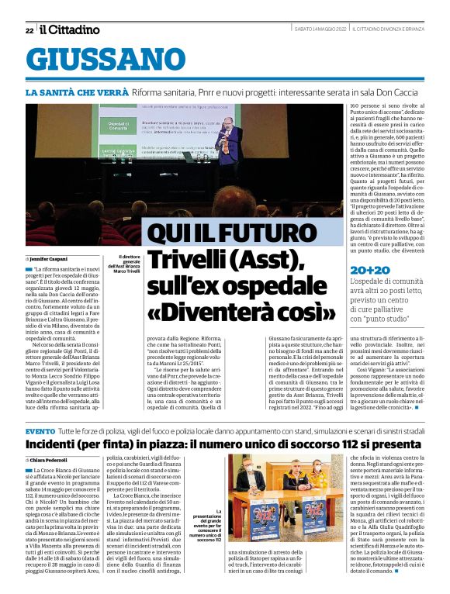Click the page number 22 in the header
29,30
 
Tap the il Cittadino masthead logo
70,29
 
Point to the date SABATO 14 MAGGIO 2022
320,29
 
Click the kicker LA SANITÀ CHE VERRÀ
88,92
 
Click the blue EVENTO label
40,430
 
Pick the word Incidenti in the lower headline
61,447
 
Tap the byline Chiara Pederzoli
48,461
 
